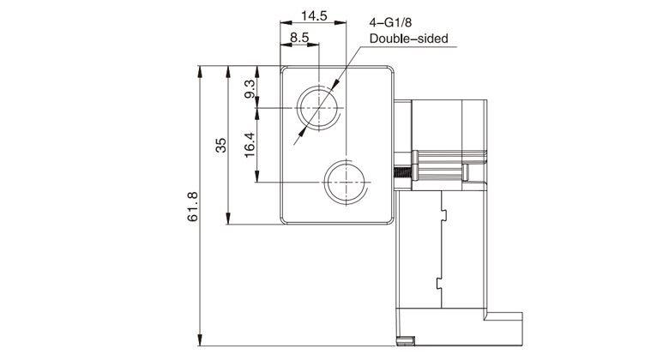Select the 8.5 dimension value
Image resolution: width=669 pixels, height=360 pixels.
(x=299, y=37)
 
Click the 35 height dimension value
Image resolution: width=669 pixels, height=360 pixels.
(x=221, y=145)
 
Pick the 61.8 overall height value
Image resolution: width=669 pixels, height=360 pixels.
(x=193, y=207)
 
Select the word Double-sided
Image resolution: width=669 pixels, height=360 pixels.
(x=408, y=39)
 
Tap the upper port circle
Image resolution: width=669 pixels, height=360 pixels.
(x=318, y=108)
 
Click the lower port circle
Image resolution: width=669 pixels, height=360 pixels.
(x=345, y=183)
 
